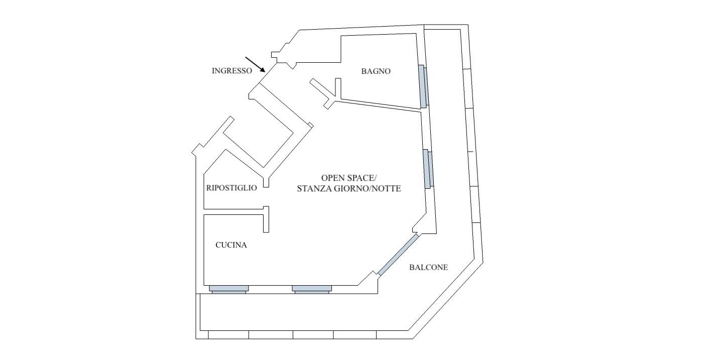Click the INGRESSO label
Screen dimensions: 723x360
tap(232, 71)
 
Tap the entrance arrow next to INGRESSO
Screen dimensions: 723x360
tap(255, 64)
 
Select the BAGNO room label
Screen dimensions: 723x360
tap(376, 71)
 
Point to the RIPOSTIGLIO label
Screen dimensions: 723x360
tap(231, 188)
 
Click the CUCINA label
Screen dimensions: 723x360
tap(231, 245)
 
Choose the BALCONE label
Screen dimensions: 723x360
tap(429, 267)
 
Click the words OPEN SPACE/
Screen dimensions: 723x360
tap(349, 178)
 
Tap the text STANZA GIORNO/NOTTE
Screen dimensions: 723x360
tap(349, 189)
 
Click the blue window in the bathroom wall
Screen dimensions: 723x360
tap(423, 86)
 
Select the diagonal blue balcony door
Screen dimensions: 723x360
tap(398, 255)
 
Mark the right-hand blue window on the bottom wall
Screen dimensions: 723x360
tap(312, 289)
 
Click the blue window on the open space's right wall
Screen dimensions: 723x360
tap(428, 169)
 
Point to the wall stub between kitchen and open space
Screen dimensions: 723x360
tap(266, 219)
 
